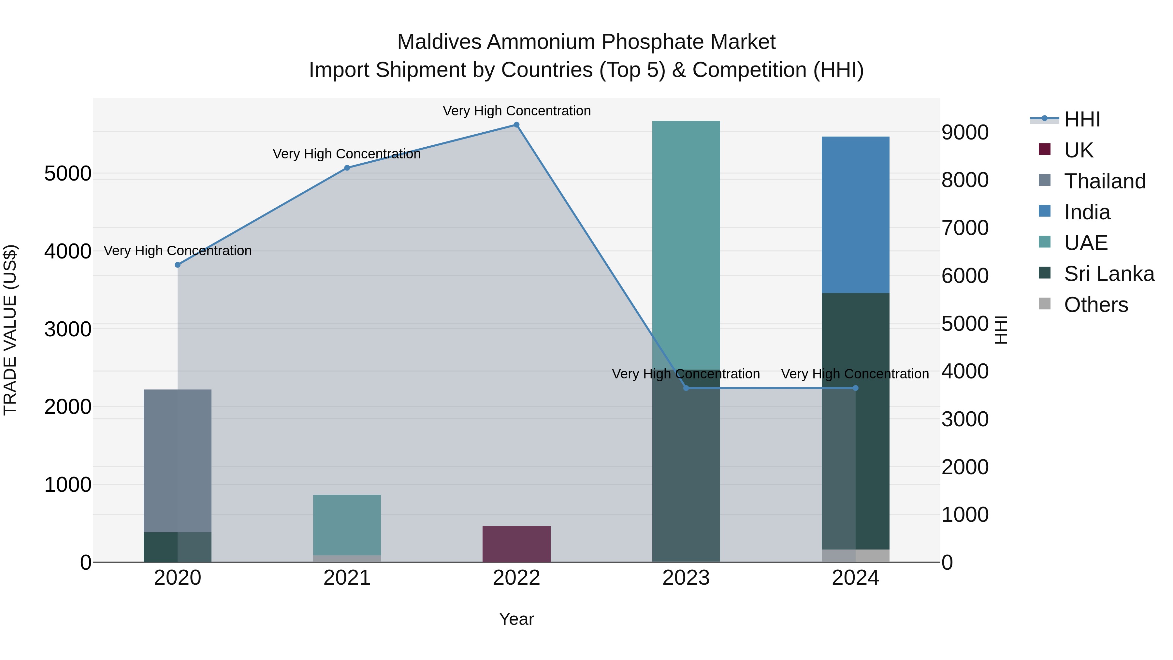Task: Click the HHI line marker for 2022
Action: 516,125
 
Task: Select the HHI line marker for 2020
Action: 178,265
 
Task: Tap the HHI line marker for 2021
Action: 347,168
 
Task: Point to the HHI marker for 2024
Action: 855,388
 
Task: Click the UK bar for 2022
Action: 516,544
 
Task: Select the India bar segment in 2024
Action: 855,214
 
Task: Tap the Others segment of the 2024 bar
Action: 855,556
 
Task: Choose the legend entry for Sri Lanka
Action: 1108,274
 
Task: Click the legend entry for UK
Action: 1078,150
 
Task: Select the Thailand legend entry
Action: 1104,181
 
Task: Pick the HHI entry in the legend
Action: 1081,119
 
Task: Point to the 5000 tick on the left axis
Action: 67,173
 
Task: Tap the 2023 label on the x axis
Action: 686,578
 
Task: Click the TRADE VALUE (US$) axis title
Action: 10,330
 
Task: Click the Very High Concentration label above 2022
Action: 516,111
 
